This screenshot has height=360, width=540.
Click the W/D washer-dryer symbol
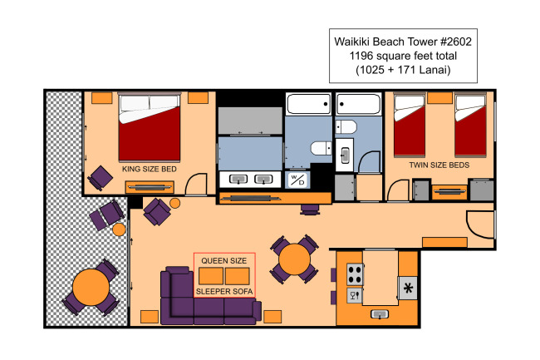(x=297, y=180)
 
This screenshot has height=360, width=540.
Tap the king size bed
(x=149, y=126)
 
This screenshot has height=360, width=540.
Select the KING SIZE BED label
(x=149, y=169)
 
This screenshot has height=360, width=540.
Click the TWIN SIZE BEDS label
(x=439, y=165)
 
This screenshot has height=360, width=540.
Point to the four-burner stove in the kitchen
(x=355, y=274)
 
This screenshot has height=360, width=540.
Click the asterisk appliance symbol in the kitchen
(x=408, y=288)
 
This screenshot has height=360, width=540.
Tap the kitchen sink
(x=380, y=314)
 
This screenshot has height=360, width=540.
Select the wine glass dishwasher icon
(x=355, y=295)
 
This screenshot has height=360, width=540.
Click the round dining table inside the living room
(x=294, y=259)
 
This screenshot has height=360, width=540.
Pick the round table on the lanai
(x=91, y=288)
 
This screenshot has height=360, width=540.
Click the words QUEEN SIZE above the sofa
(x=223, y=261)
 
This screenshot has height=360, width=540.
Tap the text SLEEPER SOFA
(x=224, y=292)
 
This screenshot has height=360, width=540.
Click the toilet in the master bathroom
(x=322, y=149)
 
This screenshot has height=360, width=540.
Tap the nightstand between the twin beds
(x=439, y=98)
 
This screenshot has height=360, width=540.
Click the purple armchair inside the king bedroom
(x=101, y=178)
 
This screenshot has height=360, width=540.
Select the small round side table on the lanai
(x=119, y=229)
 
